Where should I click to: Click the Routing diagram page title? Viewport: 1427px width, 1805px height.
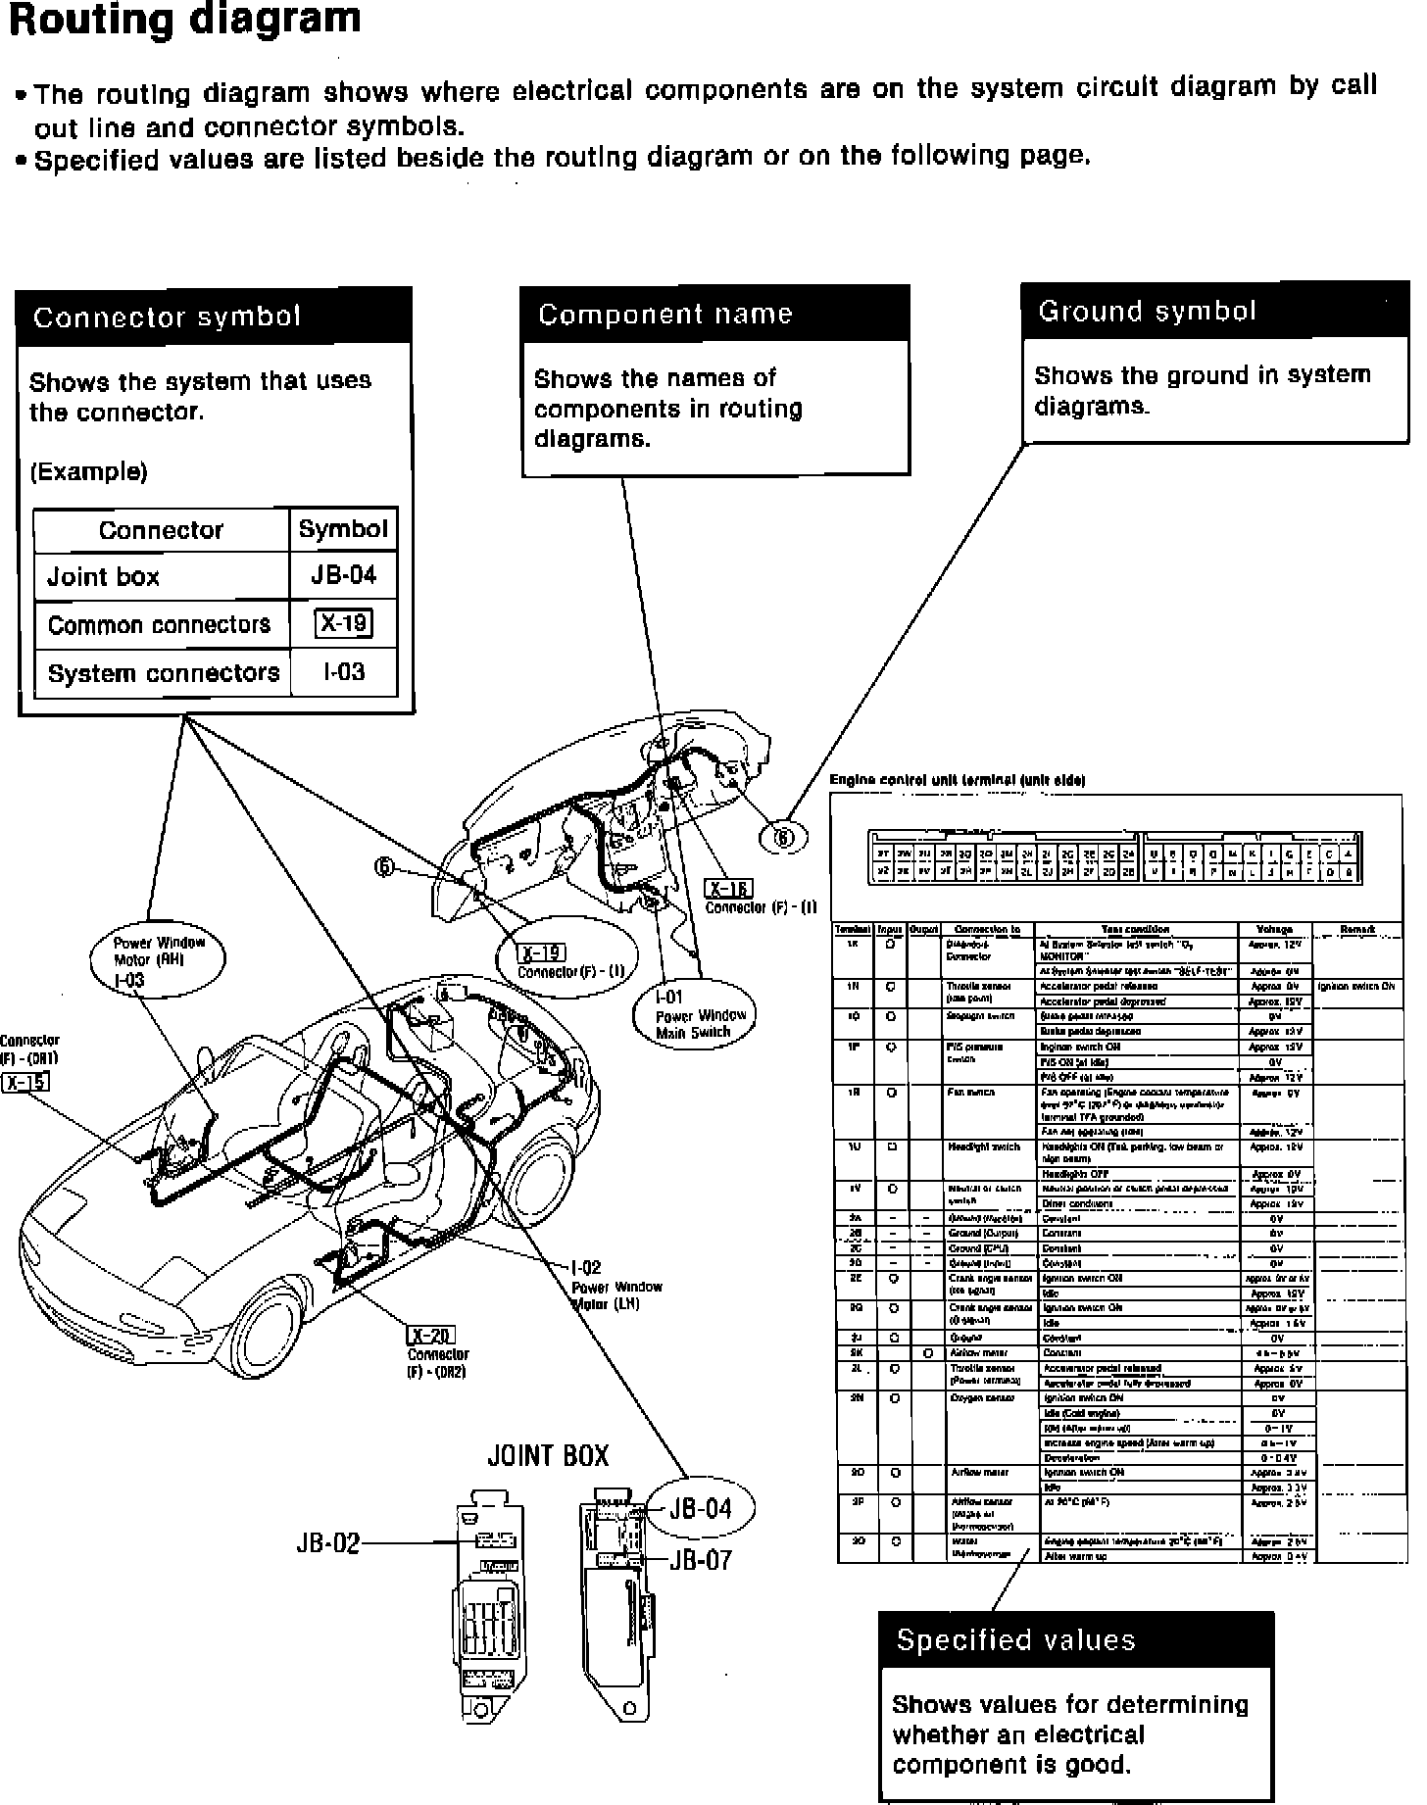(x=184, y=20)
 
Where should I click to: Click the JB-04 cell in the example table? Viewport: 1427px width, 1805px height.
(x=343, y=575)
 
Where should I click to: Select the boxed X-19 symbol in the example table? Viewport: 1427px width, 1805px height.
(x=343, y=624)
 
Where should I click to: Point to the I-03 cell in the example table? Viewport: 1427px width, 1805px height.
(x=343, y=673)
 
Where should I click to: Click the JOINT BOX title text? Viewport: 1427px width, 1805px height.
(x=548, y=1455)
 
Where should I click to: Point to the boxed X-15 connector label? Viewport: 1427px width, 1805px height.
(x=25, y=1082)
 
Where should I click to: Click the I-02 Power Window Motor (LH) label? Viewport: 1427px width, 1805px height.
(x=613, y=1286)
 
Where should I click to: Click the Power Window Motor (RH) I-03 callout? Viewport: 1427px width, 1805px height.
(x=157, y=959)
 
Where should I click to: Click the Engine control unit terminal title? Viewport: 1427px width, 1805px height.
(x=957, y=780)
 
